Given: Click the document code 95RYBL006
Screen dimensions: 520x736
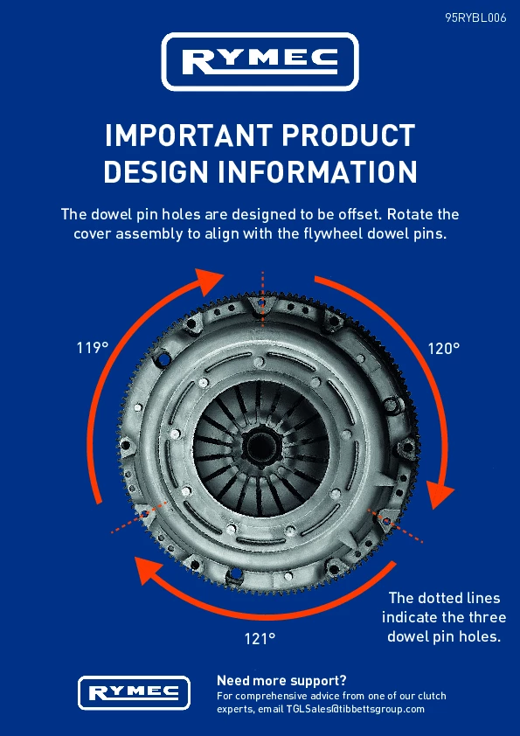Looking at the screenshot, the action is [475, 17].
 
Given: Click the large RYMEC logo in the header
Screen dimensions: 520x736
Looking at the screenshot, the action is [260, 61].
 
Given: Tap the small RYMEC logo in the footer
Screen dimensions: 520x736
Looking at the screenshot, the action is [134, 693].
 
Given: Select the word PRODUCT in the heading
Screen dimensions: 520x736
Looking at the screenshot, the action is [348, 136].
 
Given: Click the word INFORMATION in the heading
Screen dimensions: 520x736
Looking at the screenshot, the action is [317, 172].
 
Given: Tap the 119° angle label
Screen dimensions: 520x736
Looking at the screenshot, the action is [93, 348].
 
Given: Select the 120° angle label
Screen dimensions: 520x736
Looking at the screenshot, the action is [443, 348].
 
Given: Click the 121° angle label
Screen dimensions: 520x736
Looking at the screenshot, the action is [260, 639].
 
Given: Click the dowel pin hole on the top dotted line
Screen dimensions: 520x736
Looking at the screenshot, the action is [262, 303].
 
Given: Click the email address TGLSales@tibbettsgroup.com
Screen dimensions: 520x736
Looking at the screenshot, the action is [356, 709].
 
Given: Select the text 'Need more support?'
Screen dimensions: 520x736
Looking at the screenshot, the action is [281, 681].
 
